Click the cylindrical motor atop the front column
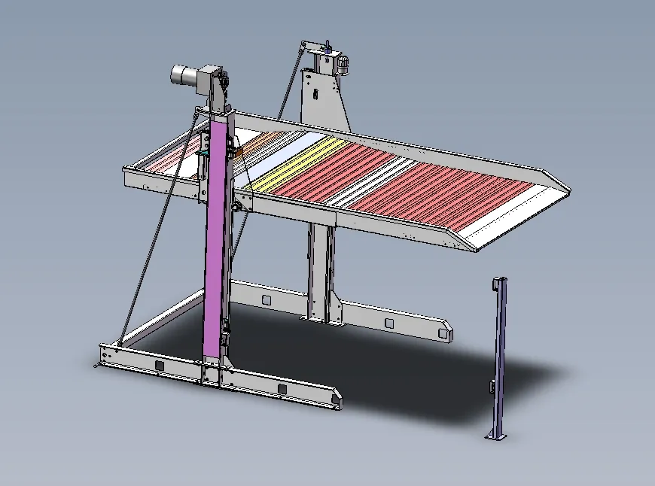(x=183, y=74)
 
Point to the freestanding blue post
(x=498, y=354)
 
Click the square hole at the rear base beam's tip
(x=389, y=323)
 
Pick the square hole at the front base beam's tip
(x=282, y=388)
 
